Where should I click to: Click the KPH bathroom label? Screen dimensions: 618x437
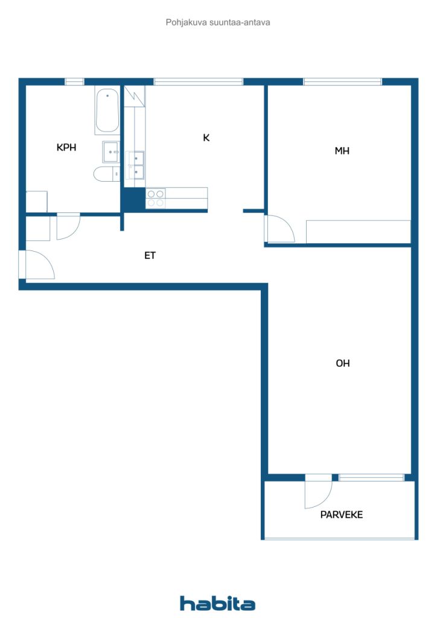tap(66, 147)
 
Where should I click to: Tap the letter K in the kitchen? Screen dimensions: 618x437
tap(206, 138)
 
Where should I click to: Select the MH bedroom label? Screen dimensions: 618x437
tap(342, 151)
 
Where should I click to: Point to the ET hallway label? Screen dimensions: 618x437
tap(150, 255)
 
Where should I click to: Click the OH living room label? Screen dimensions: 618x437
tap(343, 363)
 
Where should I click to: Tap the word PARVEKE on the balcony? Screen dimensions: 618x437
tap(341, 515)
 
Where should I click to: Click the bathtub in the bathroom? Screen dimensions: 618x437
tap(107, 110)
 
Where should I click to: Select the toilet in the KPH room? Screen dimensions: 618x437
tap(106, 174)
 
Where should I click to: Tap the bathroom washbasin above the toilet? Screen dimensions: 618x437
tap(111, 152)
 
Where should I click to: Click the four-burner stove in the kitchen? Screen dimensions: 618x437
tap(155, 199)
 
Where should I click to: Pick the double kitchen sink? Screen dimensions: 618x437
tap(136, 165)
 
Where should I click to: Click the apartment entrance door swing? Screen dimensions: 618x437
tap(37, 266)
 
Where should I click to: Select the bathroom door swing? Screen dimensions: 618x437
tap(68, 226)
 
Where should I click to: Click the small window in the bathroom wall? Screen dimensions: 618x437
tap(74, 81)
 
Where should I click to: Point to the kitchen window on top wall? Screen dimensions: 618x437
tap(198, 81)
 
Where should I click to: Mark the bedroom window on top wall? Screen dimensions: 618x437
tap(342, 81)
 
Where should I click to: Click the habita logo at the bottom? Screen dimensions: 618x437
tap(218, 603)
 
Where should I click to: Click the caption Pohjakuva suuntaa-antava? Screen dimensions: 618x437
tap(218, 22)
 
